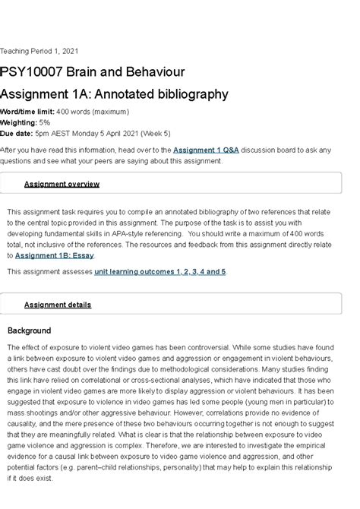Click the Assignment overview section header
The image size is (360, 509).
(x=62, y=184)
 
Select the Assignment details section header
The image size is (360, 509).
(x=58, y=305)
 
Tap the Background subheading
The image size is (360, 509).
(x=29, y=330)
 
